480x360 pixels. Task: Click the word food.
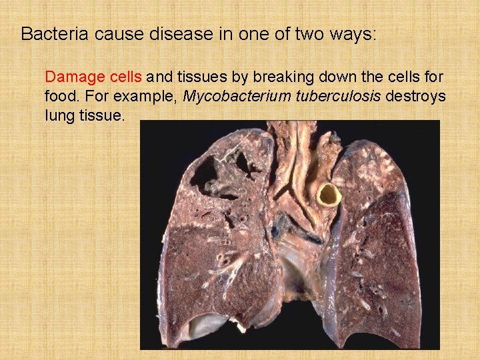(x=60, y=96)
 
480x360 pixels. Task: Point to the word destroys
(x=415, y=96)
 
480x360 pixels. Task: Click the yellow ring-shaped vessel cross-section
(x=327, y=194)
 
